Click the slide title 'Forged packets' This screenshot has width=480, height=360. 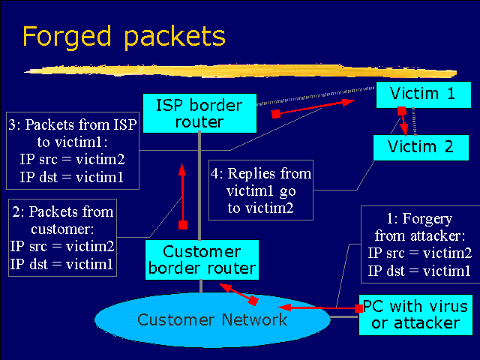coord(123,35)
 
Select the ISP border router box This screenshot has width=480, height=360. coord(200,112)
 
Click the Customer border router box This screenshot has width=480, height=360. coord(201,259)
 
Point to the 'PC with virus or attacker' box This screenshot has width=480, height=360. coord(415,314)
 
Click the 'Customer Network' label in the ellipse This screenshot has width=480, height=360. coord(212,320)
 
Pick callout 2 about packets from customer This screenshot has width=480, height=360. coord(62,236)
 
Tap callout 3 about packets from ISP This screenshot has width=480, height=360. coord(72,150)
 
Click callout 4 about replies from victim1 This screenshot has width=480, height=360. coord(260,191)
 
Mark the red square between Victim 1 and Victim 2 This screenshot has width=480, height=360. coord(401,111)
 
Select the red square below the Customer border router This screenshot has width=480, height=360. coord(253,300)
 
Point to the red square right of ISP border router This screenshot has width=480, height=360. coord(276,114)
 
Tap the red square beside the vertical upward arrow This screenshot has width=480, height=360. coord(182,223)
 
